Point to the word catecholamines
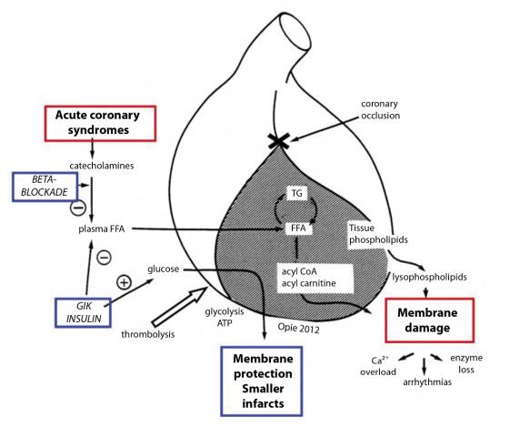point(102,166)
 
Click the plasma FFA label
point(102,229)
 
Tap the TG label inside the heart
point(296,193)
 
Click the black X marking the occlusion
point(279,141)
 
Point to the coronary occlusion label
point(380,109)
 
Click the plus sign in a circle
point(124,282)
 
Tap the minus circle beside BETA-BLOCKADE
point(78,208)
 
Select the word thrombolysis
point(148,334)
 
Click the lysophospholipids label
point(429,277)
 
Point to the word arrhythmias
point(427,382)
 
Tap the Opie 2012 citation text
point(298,328)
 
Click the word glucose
point(163,269)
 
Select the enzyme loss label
point(466,363)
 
